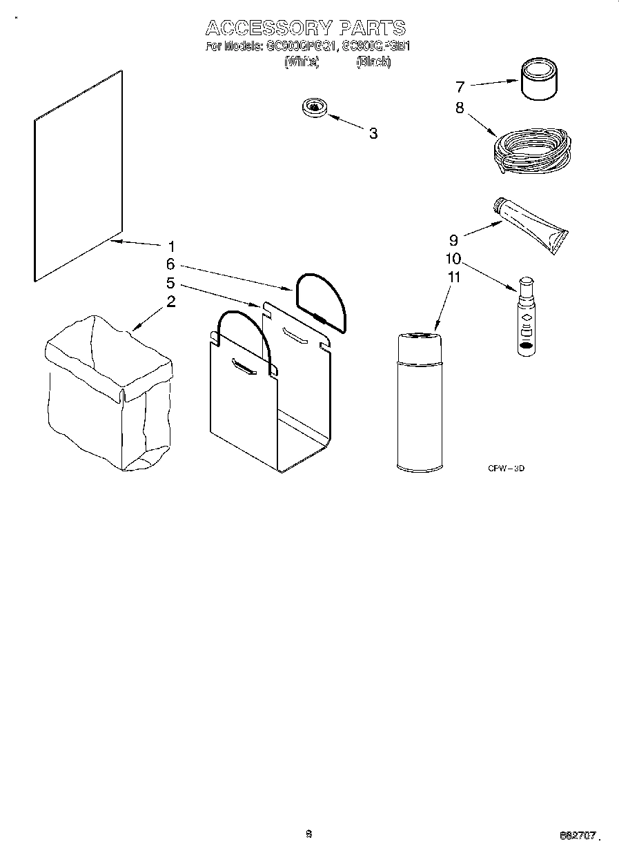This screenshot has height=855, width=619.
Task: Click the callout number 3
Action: [x=373, y=133]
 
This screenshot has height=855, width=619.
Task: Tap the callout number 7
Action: [x=460, y=87]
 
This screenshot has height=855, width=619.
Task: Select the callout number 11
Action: [x=453, y=277]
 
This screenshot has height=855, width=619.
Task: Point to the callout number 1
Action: [x=171, y=246]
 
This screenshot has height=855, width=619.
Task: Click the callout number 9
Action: [x=453, y=240]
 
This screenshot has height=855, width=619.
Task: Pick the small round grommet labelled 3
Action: [x=315, y=108]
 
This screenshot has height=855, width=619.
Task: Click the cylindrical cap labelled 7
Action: [x=539, y=80]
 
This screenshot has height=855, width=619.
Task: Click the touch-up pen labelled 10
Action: [x=526, y=317]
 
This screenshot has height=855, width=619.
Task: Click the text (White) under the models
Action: [x=302, y=62]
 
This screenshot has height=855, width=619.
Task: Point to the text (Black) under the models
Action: [x=373, y=62]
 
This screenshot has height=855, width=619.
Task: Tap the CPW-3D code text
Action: [x=507, y=469]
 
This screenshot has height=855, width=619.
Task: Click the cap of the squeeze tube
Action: [x=498, y=205]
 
